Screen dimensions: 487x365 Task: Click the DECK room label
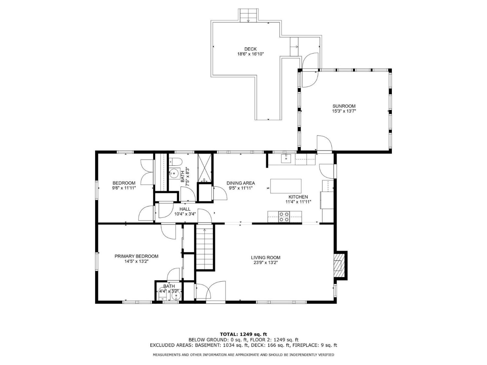point(250,49)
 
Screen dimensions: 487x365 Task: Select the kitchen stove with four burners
point(284,217)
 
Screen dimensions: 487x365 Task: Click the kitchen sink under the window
point(286,159)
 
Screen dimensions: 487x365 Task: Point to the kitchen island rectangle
point(286,186)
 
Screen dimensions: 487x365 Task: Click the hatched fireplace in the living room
point(338,265)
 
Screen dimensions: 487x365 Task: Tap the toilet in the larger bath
point(175,161)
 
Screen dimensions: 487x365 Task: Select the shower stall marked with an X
point(204,168)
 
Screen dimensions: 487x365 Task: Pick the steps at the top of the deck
point(248,16)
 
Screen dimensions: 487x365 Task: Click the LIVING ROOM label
point(266,258)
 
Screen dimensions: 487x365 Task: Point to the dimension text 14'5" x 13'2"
point(136,261)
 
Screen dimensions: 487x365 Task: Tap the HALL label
point(185,209)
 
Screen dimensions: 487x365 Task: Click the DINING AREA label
point(241,183)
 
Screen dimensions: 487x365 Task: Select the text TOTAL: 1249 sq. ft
point(243,334)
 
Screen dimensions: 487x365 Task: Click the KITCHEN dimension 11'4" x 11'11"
point(298,202)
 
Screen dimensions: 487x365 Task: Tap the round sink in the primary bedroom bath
point(176,296)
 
